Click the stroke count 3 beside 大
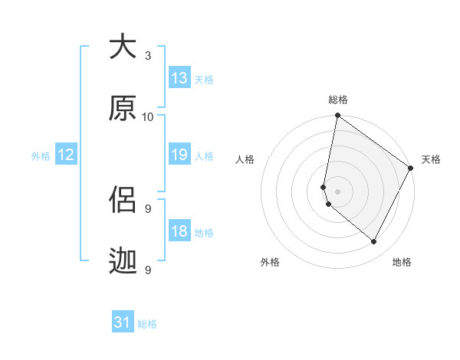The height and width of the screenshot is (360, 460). coord(148,55)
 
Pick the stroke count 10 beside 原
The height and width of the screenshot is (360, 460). coord(148,116)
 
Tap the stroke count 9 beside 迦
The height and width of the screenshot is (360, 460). coord(148,270)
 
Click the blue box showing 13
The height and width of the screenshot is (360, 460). coord(179,77)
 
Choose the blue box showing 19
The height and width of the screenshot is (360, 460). coord(179,155)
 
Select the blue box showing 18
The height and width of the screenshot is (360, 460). coord(179,231)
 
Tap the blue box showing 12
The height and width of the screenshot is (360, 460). coord(66,155)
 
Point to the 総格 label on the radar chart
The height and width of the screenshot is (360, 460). coord(338,100)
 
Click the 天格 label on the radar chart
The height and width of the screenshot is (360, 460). coord(431,159)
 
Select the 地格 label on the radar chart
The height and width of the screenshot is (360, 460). coord(402,262)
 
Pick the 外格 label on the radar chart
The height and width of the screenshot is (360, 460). coord(270,262)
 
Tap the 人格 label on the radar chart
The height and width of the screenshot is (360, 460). coord(245,159)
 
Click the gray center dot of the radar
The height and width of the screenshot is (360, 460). coord(338,190)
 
